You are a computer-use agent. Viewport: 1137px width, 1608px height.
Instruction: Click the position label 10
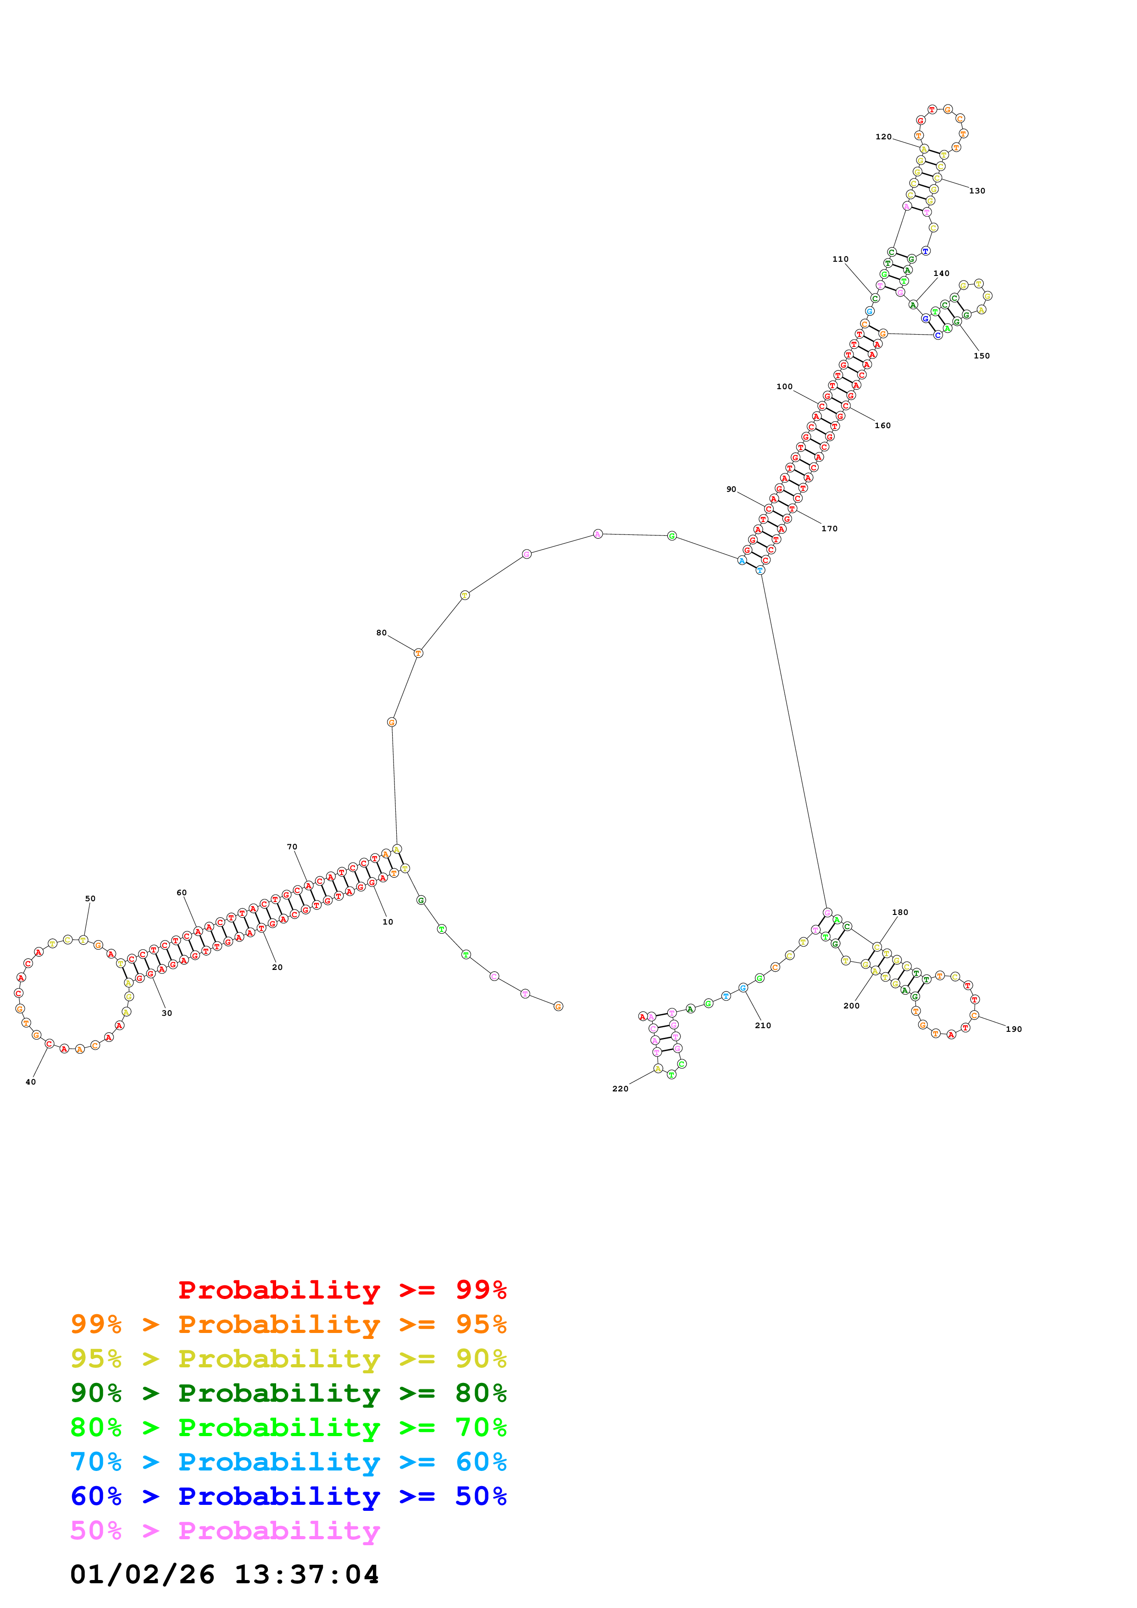[x=388, y=922]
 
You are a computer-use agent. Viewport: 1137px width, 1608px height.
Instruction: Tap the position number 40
[x=31, y=1082]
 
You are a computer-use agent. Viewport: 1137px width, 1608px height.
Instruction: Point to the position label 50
[x=90, y=898]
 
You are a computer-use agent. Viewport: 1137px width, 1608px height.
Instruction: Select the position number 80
[x=381, y=633]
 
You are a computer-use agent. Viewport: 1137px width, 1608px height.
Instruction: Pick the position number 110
[x=840, y=259]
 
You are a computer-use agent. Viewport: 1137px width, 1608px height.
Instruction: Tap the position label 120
[x=883, y=137]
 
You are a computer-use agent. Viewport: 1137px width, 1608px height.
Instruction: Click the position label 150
[x=982, y=356]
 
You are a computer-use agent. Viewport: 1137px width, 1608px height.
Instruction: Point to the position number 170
[x=829, y=529]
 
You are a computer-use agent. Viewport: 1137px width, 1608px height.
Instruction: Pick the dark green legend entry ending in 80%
[x=288, y=1393]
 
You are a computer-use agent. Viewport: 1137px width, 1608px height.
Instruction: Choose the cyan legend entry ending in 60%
[x=288, y=1462]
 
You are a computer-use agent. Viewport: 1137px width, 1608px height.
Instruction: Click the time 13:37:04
[x=306, y=1575]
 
